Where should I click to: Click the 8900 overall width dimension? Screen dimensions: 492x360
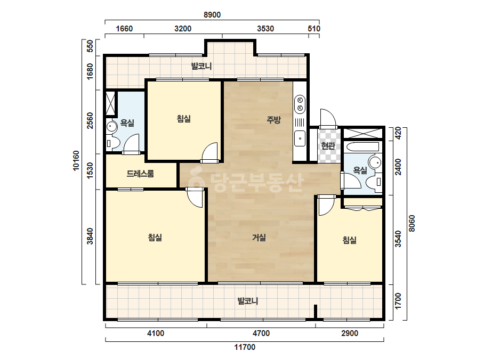point(212,15)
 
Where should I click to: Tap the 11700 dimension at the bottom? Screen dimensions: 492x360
point(245,347)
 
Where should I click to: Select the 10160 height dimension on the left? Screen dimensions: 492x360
point(76,160)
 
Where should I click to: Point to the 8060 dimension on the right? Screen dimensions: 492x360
point(412,223)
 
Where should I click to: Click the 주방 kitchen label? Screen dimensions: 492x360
point(273,119)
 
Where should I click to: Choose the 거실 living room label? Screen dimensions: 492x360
point(259,238)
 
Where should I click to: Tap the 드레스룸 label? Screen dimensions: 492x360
point(140,174)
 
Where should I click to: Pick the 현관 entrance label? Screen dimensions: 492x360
point(328,146)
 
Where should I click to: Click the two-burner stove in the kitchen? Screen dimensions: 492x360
point(300,104)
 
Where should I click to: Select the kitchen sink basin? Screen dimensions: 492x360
point(300,138)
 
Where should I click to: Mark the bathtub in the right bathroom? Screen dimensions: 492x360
point(362,147)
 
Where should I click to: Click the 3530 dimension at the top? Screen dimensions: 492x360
point(265,29)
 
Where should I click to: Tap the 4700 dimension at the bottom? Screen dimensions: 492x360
point(261,333)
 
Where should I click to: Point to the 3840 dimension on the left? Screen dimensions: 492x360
point(90,236)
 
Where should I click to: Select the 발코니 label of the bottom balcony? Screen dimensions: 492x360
point(248,301)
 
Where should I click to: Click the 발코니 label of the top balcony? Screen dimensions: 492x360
point(201,66)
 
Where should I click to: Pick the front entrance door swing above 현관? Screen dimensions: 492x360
point(328,119)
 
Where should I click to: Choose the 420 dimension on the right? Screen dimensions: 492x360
point(398,133)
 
